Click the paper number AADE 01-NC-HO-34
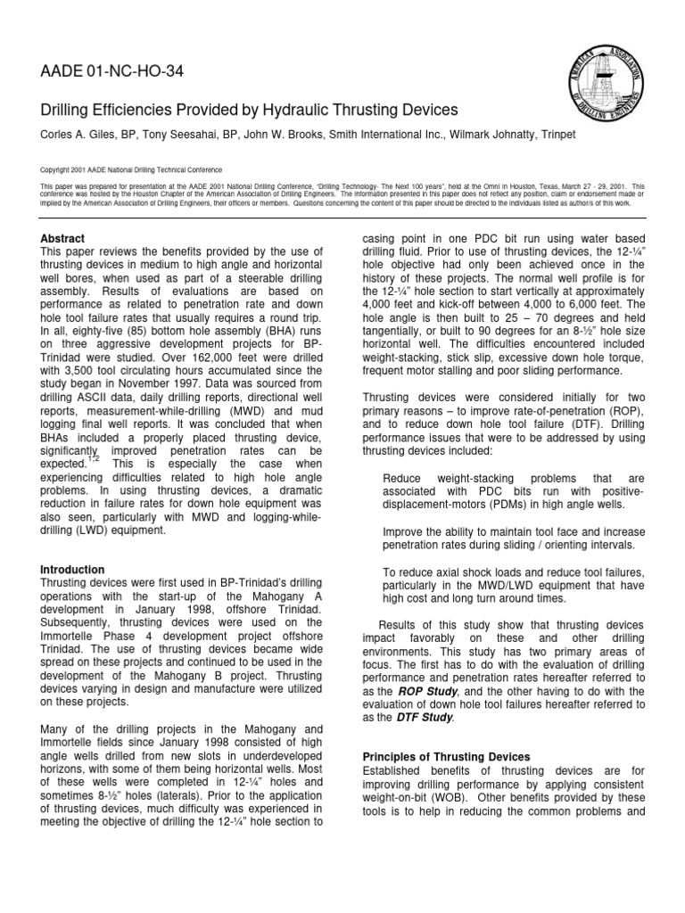click(x=112, y=72)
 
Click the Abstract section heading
click(x=62, y=239)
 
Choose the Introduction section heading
click(x=72, y=569)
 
